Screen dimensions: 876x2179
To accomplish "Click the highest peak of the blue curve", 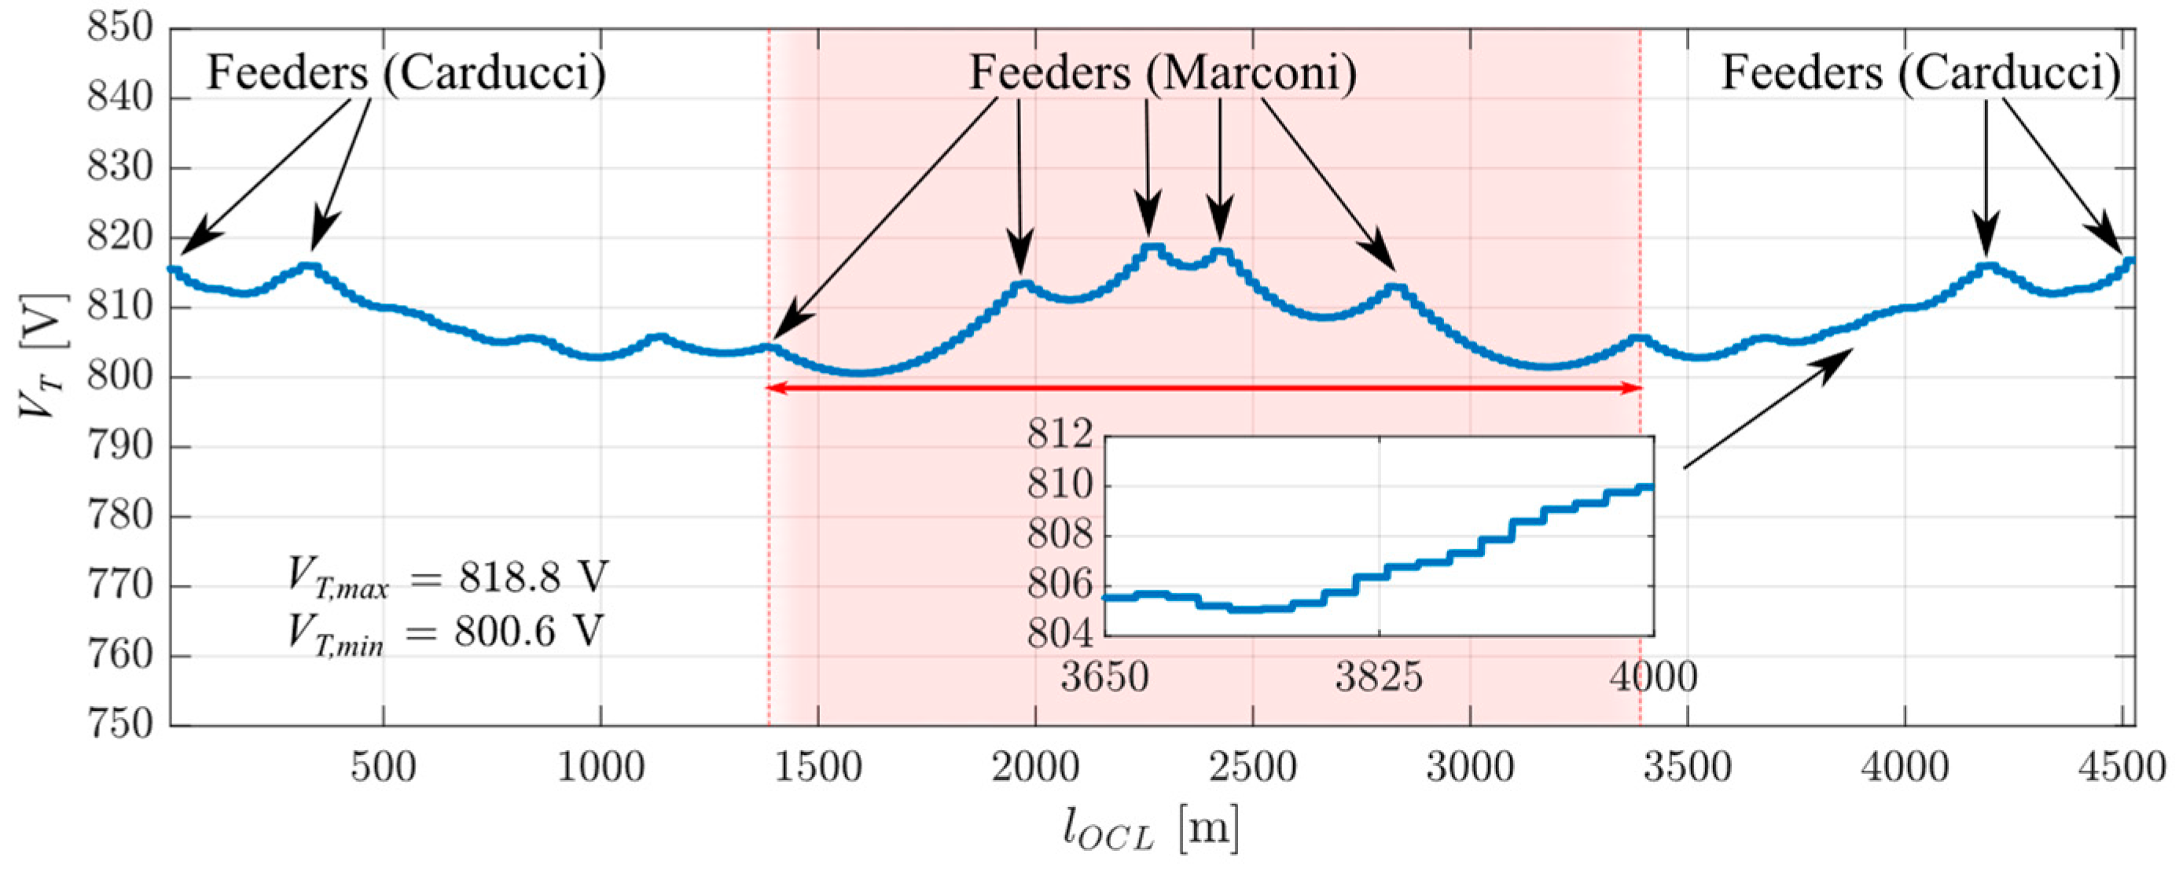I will click(x=1152, y=247).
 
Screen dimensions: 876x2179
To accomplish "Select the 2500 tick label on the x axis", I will click(x=1253, y=768).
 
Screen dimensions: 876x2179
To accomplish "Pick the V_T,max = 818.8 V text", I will click(x=447, y=578).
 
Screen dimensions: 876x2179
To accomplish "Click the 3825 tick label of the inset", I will click(x=1379, y=677).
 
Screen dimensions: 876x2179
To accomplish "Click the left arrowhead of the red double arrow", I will click(x=771, y=388).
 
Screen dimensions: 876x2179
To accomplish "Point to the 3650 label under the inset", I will click(x=1104, y=677).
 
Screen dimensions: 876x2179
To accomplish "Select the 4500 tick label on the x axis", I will click(x=2121, y=768).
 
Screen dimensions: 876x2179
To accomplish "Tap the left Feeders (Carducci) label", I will click(x=407, y=73).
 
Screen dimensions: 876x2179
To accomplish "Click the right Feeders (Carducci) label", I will click(x=1921, y=73).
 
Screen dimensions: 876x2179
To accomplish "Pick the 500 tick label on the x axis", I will click(x=383, y=768).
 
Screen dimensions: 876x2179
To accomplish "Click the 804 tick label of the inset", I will click(x=1059, y=634).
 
